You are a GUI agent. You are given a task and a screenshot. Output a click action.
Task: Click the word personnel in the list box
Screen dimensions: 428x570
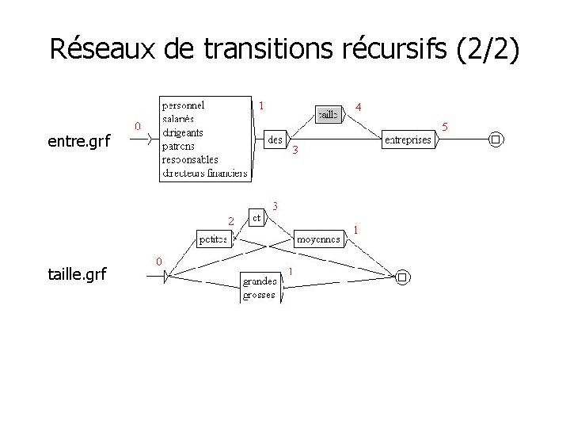[183, 105]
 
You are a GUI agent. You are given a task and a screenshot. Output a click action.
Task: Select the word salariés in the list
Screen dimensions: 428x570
[179, 118]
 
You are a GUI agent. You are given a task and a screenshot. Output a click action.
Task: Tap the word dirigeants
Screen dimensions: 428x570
[182, 132]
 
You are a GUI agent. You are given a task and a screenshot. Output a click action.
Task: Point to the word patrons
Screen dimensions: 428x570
[179, 146]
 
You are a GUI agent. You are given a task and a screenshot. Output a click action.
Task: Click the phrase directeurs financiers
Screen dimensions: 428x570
[204, 173]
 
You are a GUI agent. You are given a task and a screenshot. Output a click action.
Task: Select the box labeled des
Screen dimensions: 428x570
[275, 139]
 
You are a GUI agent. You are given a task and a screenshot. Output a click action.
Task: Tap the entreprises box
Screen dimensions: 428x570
[407, 140]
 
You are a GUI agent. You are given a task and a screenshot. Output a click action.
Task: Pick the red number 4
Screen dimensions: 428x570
[359, 106]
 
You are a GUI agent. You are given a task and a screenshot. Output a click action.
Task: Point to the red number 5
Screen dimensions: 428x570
[445, 126]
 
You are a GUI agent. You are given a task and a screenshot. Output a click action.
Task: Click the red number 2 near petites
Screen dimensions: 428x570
[230, 220]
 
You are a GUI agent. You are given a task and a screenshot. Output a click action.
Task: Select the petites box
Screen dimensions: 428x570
[212, 239]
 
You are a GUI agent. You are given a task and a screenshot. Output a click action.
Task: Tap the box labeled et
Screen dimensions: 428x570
[257, 216]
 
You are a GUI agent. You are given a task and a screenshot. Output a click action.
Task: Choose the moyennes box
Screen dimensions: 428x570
[319, 238]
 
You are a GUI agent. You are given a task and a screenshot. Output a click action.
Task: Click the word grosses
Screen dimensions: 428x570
[260, 295]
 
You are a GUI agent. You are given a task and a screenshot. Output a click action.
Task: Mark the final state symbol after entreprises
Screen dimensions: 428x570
[496, 140]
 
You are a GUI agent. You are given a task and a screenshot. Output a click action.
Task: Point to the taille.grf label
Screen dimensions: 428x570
[77, 275]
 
